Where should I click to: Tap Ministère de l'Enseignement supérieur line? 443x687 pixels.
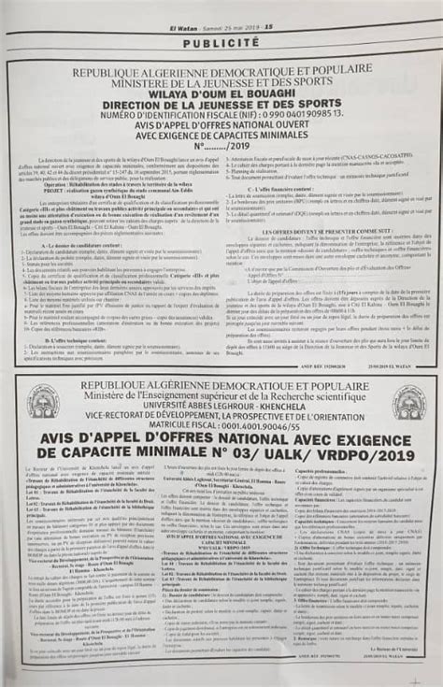point(222,395)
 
